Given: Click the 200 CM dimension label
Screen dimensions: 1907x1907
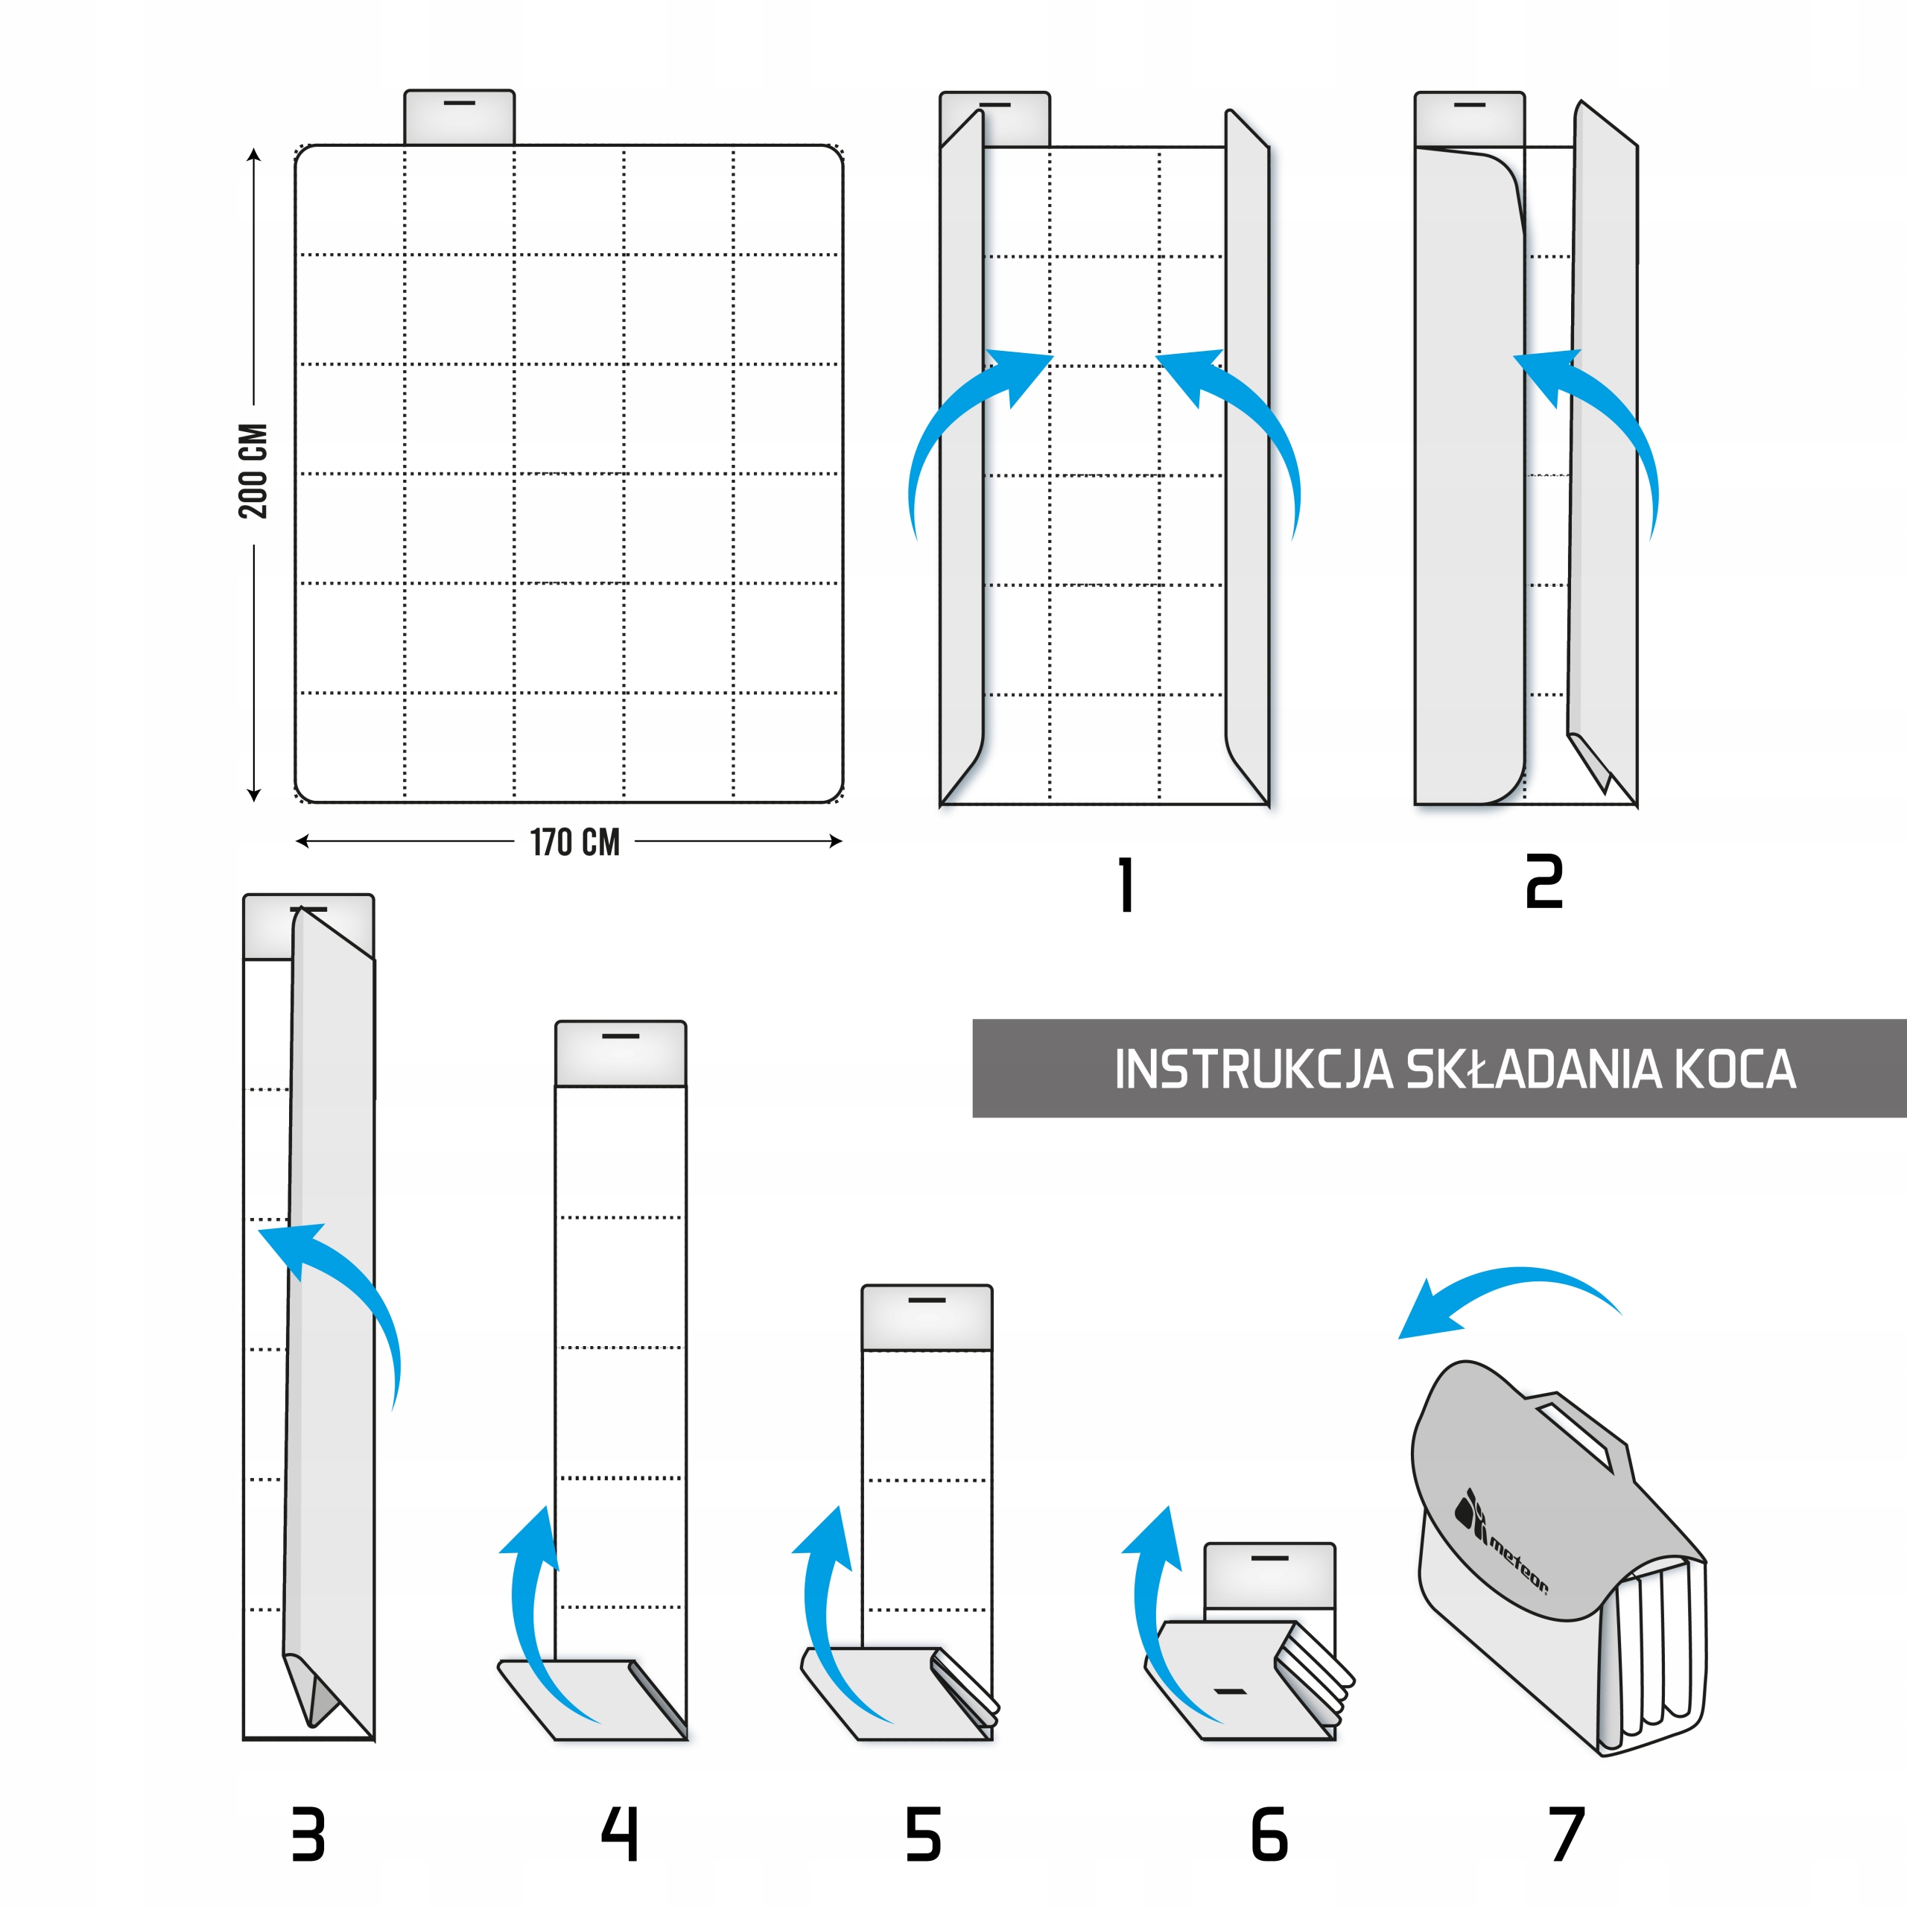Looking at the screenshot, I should [253, 472].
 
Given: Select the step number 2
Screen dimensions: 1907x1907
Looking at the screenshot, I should [1543, 883].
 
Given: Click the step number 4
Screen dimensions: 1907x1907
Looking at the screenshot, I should [620, 1834].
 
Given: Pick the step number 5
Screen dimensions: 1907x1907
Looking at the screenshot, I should [923, 1834].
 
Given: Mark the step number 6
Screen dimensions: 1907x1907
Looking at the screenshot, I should [1269, 1834].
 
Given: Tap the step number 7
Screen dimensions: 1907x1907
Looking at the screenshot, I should [1566, 1834].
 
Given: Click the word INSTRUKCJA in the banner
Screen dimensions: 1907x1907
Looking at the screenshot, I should [1252, 1069].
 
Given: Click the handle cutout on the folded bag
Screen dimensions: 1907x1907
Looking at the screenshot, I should [1577, 1436].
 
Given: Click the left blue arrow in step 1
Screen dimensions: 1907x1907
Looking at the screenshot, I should [962, 425].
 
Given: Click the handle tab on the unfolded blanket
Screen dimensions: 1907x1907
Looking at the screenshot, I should [459, 116].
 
